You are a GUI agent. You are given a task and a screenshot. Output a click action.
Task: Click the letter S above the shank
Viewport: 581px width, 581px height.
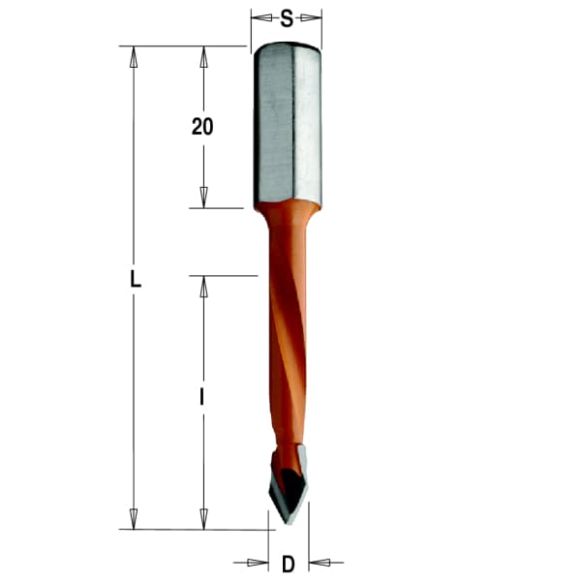tap(287, 17)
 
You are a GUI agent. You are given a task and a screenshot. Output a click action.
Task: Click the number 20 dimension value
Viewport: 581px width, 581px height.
tap(202, 127)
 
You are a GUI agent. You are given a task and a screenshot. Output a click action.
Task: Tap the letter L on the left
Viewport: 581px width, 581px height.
tap(136, 282)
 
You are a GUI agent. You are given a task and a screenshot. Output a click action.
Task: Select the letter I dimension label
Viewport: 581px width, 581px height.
tap(202, 397)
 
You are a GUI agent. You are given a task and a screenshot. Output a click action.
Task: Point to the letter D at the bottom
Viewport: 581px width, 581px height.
tap(288, 564)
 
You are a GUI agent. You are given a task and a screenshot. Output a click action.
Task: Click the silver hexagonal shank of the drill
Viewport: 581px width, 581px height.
tap(287, 126)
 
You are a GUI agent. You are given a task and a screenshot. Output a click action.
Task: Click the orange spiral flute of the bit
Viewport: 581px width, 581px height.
tap(285, 368)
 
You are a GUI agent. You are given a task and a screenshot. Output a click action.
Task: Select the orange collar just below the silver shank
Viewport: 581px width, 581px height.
tap(287, 219)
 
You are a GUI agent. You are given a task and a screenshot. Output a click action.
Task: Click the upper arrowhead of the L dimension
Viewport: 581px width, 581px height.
tap(135, 55)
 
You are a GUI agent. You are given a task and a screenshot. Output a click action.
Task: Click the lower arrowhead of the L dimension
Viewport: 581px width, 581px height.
tap(135, 519)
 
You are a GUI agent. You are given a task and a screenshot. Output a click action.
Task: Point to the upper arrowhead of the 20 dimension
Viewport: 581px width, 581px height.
tap(203, 55)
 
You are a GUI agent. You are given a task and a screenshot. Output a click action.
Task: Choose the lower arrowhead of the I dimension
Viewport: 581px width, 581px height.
tap(203, 519)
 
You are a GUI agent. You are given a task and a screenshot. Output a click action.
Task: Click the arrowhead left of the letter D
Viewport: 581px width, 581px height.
tap(259, 563)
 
